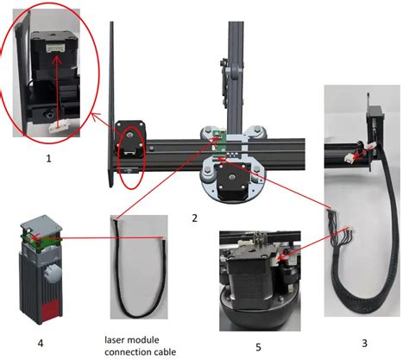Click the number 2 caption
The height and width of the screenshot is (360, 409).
coord(196,218)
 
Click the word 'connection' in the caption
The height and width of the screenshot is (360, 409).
coord(127,351)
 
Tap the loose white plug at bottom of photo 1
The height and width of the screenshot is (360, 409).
coord(60,125)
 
